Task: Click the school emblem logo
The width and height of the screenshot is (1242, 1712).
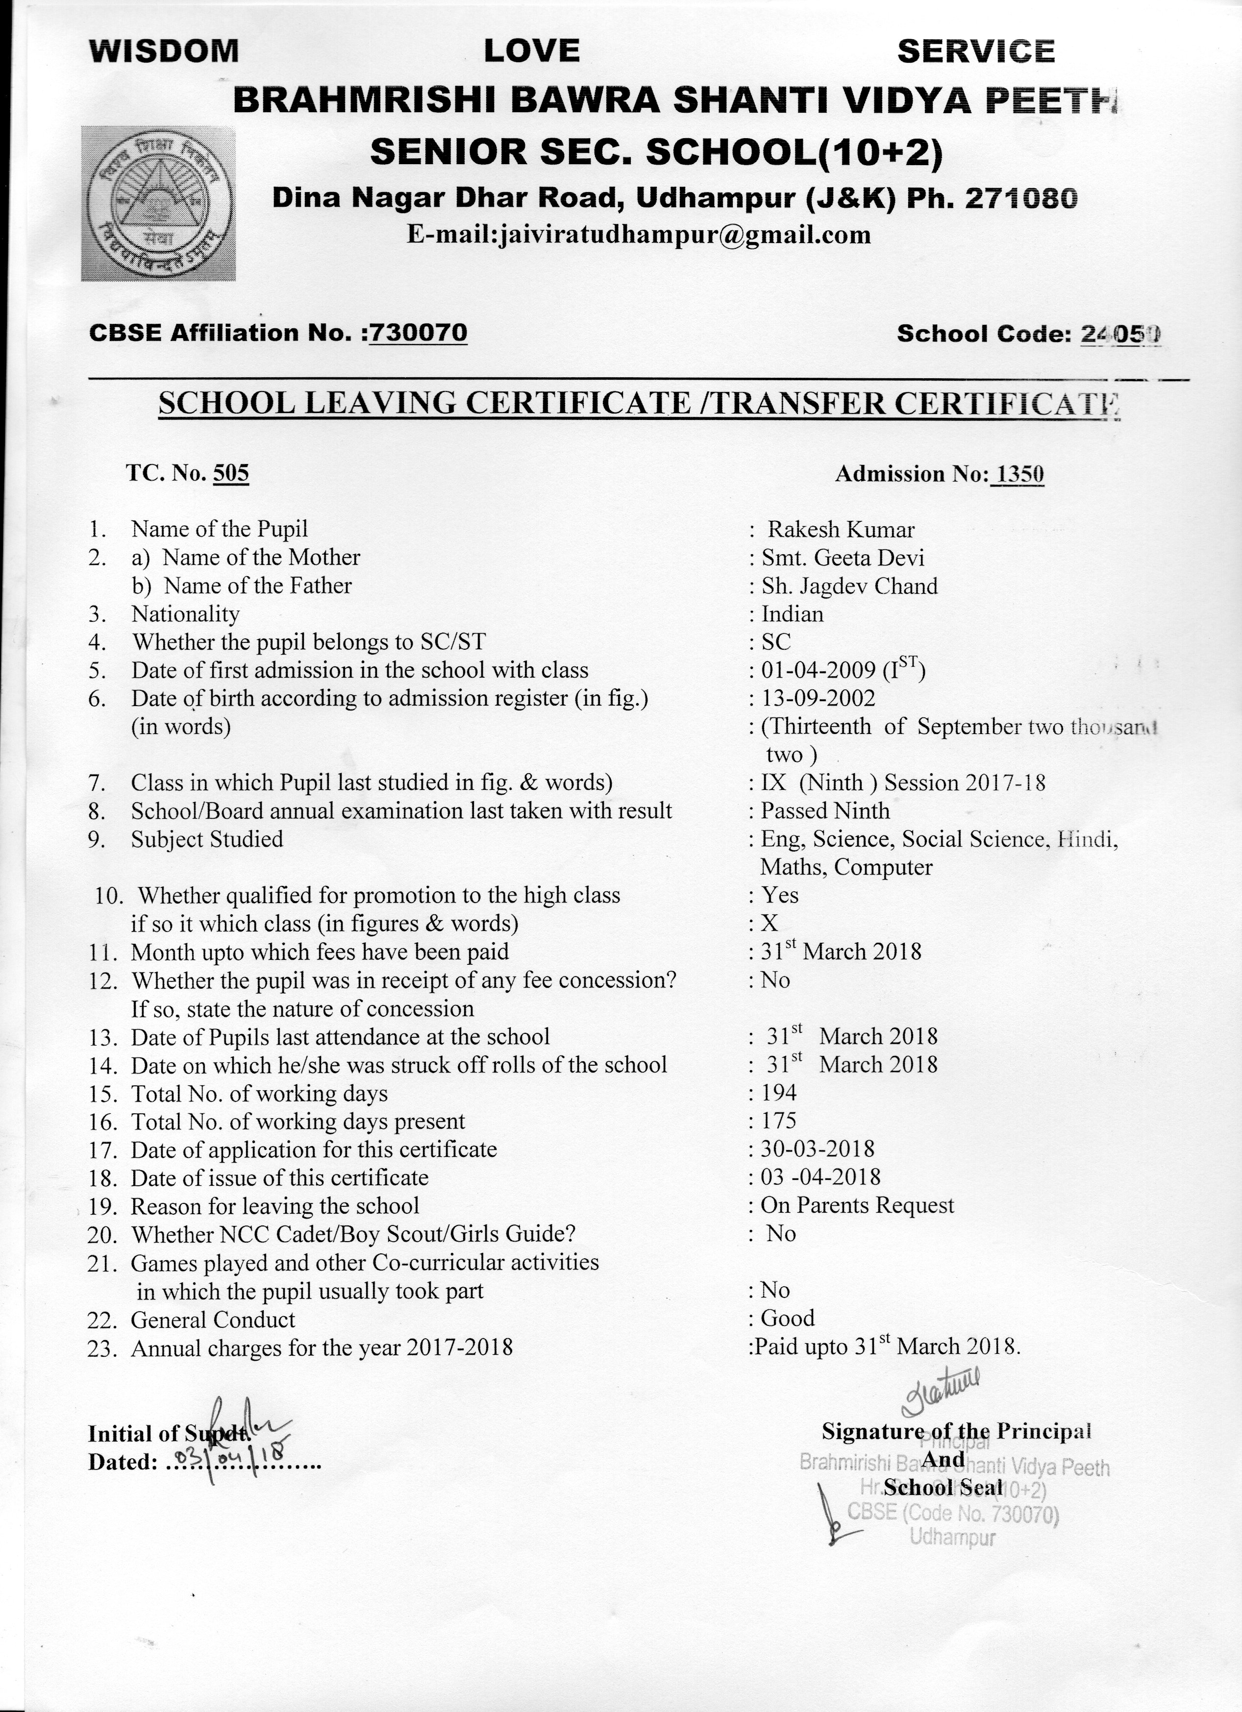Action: pyautogui.click(x=158, y=203)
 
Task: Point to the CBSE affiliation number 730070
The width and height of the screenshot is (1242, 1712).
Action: pyautogui.click(x=418, y=333)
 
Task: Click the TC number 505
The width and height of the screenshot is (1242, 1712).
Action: pyautogui.click(x=231, y=473)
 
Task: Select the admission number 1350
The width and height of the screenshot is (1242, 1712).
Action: pyautogui.click(x=1020, y=474)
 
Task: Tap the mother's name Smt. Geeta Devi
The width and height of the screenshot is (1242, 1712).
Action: pyautogui.click(x=843, y=558)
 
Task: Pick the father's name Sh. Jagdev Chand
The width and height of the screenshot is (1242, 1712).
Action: pyautogui.click(x=849, y=587)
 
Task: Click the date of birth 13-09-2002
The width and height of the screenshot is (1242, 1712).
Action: pyautogui.click(x=819, y=698)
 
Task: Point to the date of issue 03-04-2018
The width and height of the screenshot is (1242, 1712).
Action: pyautogui.click(x=820, y=1177)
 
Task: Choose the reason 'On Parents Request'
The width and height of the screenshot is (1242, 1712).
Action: pyautogui.click(x=857, y=1205)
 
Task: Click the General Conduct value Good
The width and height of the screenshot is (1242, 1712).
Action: pyautogui.click(x=788, y=1318)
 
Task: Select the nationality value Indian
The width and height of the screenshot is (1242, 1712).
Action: pyautogui.click(x=792, y=614)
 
